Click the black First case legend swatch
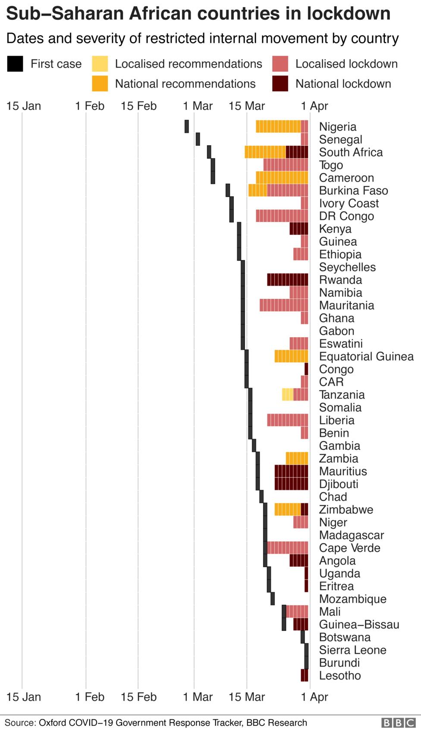tap(15, 64)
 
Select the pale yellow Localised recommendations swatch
tap(100, 64)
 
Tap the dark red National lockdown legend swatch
tap(280, 84)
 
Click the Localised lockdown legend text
tap(346, 64)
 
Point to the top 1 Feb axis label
tap(90, 106)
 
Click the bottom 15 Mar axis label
tap(247, 697)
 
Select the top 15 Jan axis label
tap(24, 106)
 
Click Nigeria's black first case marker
tap(187, 126)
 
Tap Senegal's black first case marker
tap(198, 139)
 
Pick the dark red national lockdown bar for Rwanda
tap(288, 279)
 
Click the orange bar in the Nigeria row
tap(278, 126)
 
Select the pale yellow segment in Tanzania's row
tap(288, 394)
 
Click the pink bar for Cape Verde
tap(288, 548)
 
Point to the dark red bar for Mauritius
tap(292, 471)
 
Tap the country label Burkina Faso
tap(353, 191)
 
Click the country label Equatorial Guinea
tap(366, 356)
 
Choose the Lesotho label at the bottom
tap(340, 675)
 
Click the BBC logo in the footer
tap(399, 723)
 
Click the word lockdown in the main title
tap(349, 14)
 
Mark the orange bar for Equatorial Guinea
tap(292, 356)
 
